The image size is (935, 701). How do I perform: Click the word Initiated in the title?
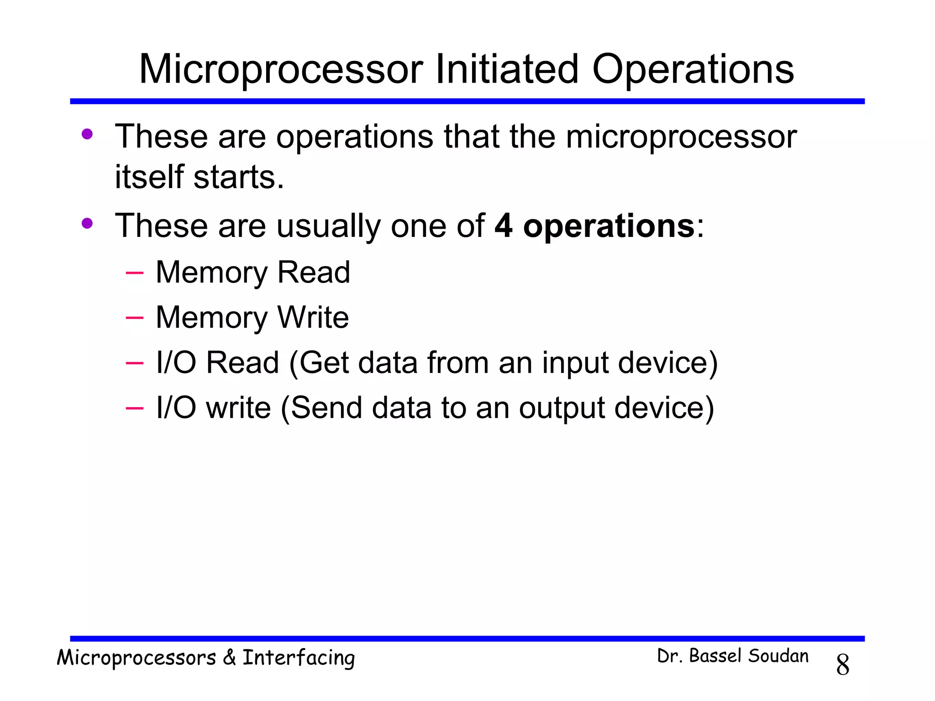pos(507,69)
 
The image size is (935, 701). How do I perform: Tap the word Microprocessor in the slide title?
pos(281,69)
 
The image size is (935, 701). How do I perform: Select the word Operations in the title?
pos(693,69)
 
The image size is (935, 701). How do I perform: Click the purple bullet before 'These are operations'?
pos(87,134)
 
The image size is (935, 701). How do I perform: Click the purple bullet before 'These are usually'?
pos(87,223)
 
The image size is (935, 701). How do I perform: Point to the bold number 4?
pos(503,225)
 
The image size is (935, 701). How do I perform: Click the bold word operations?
pos(609,225)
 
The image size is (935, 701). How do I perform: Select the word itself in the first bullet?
pos(149,177)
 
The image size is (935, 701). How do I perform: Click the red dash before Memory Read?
pos(134,273)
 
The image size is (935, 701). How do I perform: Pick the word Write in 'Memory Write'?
pos(313,317)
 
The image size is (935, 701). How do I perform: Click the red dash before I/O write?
pos(134,408)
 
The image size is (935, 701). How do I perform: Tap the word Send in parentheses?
pos(326,408)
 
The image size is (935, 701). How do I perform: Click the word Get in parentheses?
pos(325,363)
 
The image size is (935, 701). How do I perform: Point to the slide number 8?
pos(842,665)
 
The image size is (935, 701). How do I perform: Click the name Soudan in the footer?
pos(778,656)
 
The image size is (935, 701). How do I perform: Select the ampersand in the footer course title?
pos(229,658)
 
